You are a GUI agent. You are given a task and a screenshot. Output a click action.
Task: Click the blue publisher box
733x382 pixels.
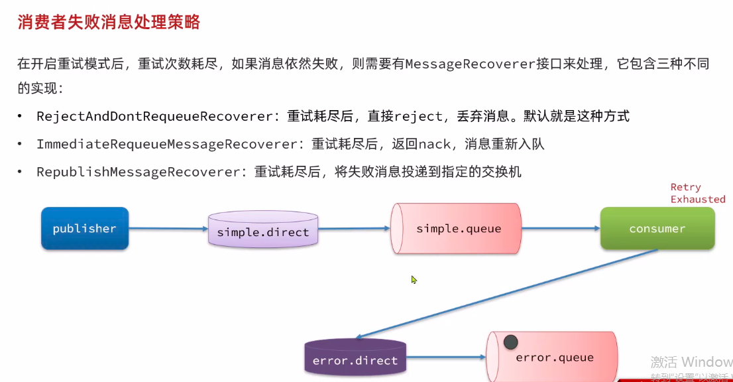[85, 229]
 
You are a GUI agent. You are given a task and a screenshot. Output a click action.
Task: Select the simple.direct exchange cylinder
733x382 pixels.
[263, 230]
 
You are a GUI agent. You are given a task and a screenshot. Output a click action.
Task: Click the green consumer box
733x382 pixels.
[657, 229]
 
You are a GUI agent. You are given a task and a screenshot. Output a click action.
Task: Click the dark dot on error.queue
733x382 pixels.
[510, 342]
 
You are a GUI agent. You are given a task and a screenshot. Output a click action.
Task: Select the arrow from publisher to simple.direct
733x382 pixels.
[168, 229]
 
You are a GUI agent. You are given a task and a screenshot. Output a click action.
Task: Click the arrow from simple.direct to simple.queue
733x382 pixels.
[355, 229]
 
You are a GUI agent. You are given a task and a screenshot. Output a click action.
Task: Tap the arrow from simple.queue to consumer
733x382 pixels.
[560, 229]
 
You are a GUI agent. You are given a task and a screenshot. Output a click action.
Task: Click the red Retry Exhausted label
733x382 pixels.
[697, 193]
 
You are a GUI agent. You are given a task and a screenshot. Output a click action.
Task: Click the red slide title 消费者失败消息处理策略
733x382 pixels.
[108, 23]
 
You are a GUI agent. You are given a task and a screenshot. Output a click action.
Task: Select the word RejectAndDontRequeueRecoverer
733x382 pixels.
[154, 117]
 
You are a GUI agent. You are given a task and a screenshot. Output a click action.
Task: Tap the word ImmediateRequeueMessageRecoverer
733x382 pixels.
[166, 144]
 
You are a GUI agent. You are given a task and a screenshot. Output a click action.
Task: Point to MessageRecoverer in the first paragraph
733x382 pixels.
[470, 64]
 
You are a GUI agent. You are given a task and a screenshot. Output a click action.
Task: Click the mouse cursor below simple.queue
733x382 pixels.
[414, 280]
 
